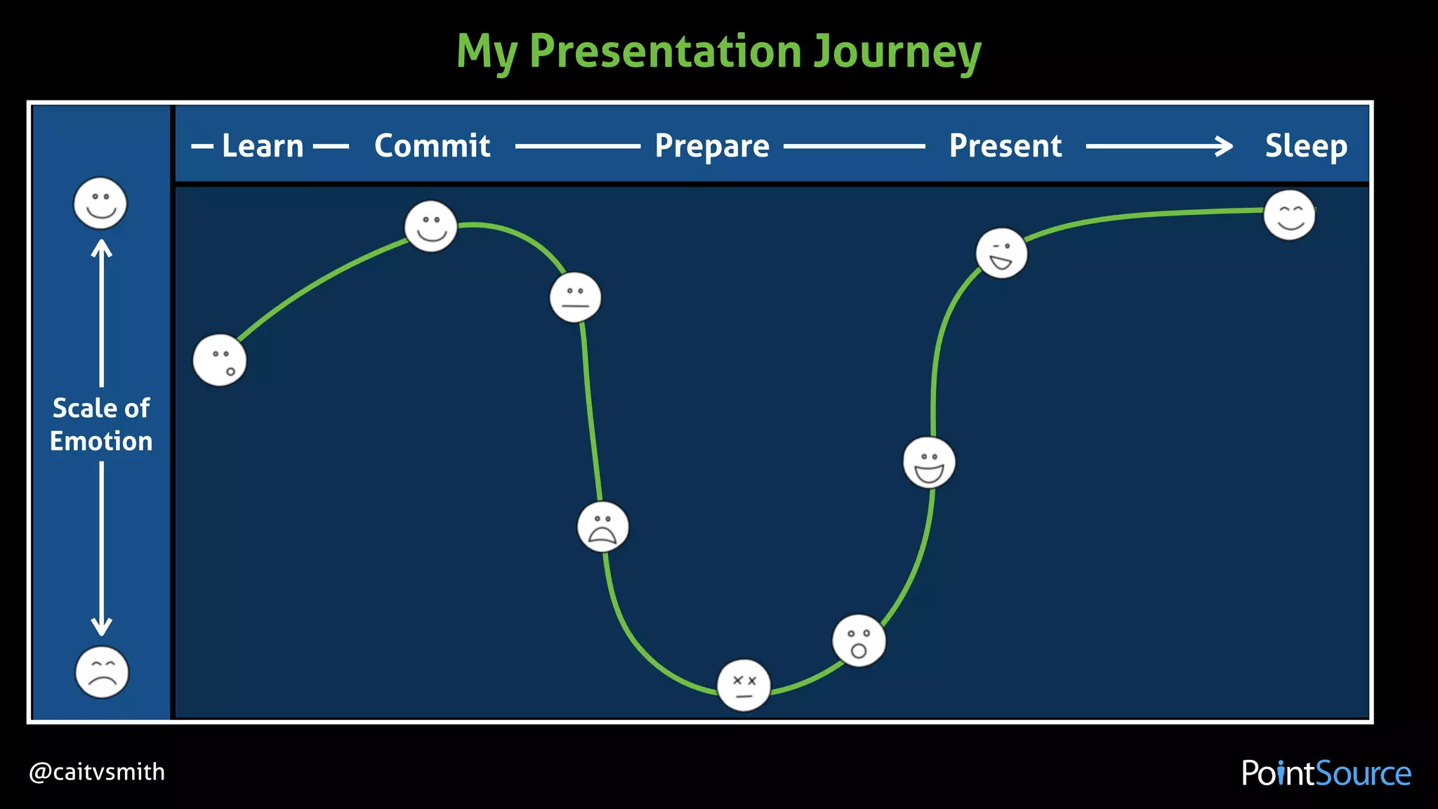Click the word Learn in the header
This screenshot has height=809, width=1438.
pyautogui.click(x=263, y=146)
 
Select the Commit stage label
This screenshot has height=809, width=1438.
pyautogui.click(x=432, y=146)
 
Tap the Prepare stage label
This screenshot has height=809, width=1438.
pyautogui.click(x=712, y=146)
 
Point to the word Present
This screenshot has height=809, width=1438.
pyautogui.click(x=1005, y=146)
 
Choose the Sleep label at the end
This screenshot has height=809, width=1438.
pyautogui.click(x=1305, y=146)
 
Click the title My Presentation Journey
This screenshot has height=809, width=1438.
pyautogui.click(x=718, y=51)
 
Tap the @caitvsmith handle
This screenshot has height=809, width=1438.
pyautogui.click(x=97, y=772)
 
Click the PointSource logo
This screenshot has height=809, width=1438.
pyautogui.click(x=1326, y=773)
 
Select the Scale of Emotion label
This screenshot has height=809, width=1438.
pyautogui.click(x=101, y=424)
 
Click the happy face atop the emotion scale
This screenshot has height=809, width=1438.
pyautogui.click(x=100, y=203)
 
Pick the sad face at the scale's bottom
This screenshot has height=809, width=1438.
pyautogui.click(x=102, y=672)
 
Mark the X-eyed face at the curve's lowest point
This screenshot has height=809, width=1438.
pyautogui.click(x=744, y=685)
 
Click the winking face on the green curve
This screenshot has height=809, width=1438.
pyautogui.click(x=1001, y=253)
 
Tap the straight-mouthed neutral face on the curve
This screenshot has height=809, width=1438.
pyautogui.click(x=575, y=297)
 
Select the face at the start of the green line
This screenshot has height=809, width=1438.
pyautogui.click(x=220, y=360)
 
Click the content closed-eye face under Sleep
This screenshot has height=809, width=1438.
pyautogui.click(x=1289, y=215)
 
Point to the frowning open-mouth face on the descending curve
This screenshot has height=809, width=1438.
pyautogui.click(x=602, y=527)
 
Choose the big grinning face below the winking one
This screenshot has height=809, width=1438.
pyautogui.click(x=929, y=463)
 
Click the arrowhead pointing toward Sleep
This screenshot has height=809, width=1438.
pyautogui.click(x=1225, y=146)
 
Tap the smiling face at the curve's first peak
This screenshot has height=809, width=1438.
pyautogui.click(x=430, y=226)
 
